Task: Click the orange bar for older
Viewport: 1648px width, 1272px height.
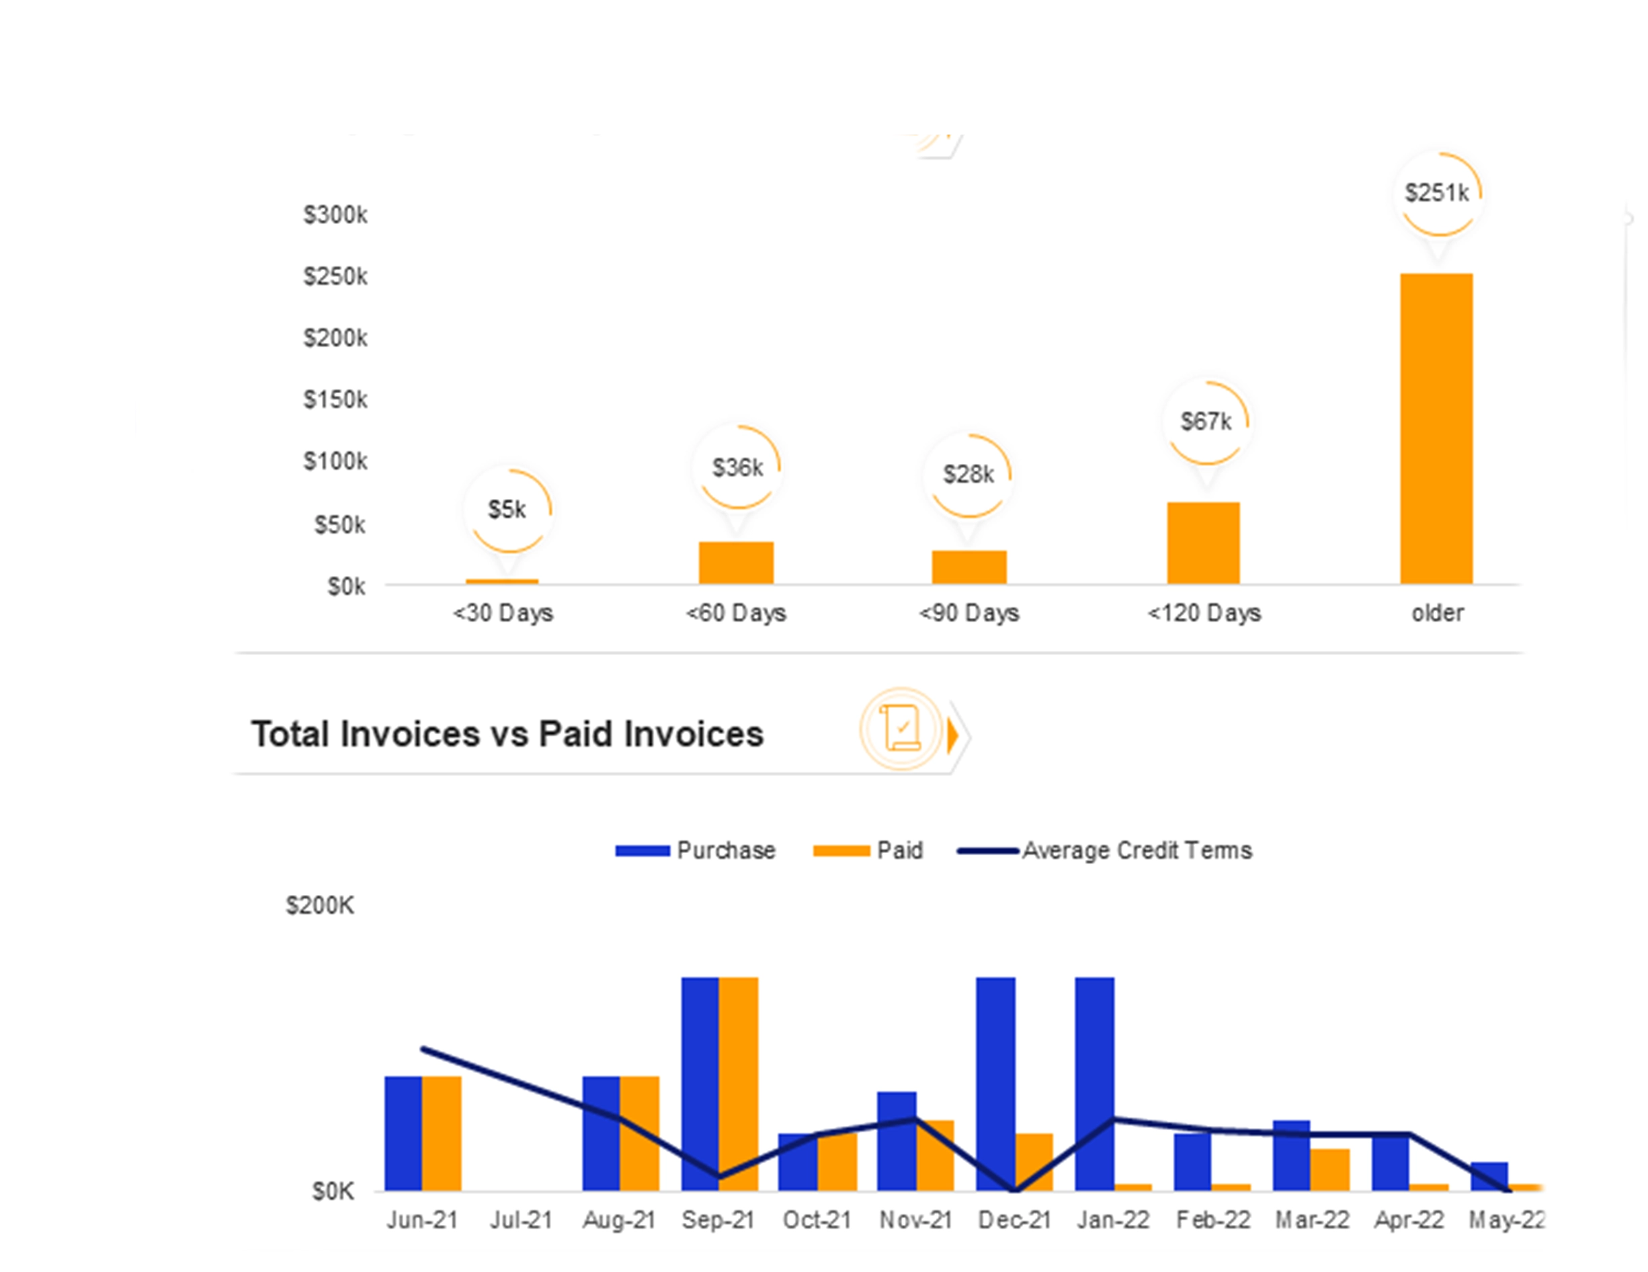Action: [x=1436, y=428]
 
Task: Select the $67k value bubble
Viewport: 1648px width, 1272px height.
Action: [x=1206, y=422]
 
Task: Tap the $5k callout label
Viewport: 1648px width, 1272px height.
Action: [x=507, y=510]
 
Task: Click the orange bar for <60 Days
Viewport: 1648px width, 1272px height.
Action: [x=736, y=563]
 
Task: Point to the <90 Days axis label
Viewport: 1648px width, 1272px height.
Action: [x=969, y=613]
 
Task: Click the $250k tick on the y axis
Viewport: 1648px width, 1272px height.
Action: [x=335, y=276]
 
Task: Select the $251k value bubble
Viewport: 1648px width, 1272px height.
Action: [x=1437, y=193]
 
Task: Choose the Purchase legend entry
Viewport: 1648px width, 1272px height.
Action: [x=696, y=850]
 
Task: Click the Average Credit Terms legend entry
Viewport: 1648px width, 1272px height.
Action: [x=1105, y=850]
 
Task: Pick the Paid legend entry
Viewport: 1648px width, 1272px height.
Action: [x=868, y=850]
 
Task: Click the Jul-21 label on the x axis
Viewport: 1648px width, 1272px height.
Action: [x=521, y=1220]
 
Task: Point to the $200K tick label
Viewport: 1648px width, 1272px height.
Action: [x=319, y=905]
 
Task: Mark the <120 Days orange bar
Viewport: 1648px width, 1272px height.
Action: [x=1203, y=543]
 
